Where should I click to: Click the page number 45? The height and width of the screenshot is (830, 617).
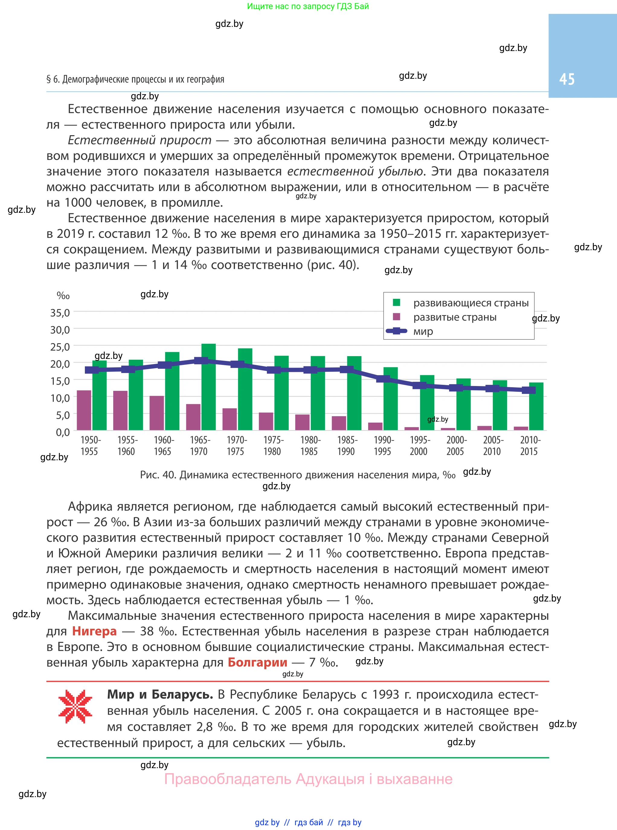pos(567,79)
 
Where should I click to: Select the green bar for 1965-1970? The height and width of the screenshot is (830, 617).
pos(208,388)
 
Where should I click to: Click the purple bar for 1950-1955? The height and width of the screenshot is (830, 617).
pos(84,410)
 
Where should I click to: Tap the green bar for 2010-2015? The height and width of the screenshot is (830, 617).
pos(536,407)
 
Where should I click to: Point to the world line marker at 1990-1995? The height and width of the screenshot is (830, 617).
pos(383,379)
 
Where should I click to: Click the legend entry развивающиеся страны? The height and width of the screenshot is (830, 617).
pos(471,303)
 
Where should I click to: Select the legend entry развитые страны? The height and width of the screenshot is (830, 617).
pos(455,317)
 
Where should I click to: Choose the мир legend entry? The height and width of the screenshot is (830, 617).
pos(423,331)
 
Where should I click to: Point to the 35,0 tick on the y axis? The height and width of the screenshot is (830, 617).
pos(60,312)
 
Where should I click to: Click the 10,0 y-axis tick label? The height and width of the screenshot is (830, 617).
pos(60,398)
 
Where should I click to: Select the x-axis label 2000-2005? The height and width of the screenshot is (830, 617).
pos(456,445)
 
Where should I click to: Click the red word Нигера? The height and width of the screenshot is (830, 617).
pos(94,631)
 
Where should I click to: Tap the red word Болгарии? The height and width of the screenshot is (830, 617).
pos(257,662)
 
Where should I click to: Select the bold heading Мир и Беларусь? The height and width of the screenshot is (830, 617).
pos(160,694)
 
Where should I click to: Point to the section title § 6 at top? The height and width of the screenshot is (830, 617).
pos(135,79)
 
